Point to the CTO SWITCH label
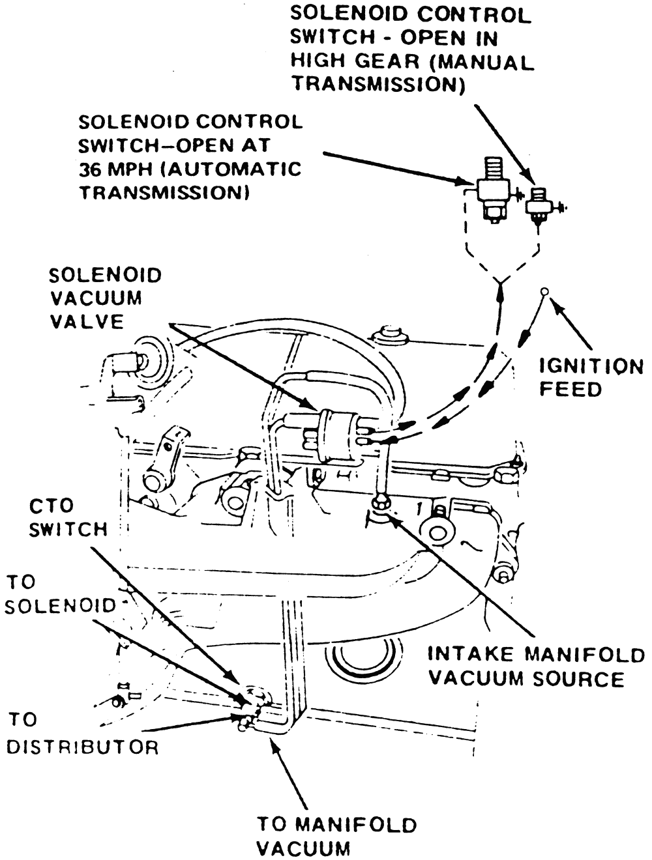[x=68, y=517]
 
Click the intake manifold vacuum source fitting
[x=379, y=504]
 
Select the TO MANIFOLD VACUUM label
[x=335, y=836]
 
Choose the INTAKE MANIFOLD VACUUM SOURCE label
[x=535, y=666]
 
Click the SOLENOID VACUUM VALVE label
[x=105, y=298]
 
